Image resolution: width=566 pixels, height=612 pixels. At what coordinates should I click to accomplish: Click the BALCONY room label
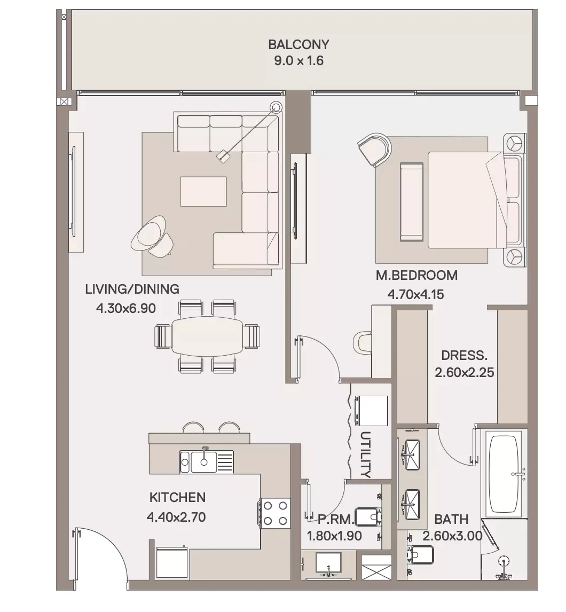[x=298, y=44]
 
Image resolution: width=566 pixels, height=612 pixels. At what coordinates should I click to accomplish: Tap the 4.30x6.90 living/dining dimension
[x=125, y=308]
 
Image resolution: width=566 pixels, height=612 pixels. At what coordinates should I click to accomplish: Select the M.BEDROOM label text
[x=416, y=275]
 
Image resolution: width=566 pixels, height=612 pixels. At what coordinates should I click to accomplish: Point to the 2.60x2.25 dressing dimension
[x=464, y=372]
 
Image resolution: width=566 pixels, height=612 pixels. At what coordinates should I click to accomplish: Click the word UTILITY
[x=365, y=454]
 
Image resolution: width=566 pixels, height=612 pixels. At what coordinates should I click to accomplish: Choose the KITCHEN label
[x=177, y=497]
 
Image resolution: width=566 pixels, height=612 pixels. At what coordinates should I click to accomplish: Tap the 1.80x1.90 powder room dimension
[x=334, y=536]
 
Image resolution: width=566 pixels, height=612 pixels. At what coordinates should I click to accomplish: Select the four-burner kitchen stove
[x=275, y=513]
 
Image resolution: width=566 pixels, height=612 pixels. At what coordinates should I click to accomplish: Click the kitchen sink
[x=206, y=462]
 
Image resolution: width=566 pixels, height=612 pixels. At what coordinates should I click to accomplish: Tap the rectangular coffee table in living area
[x=203, y=191]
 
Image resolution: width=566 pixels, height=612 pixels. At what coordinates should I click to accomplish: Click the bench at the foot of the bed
[x=412, y=202]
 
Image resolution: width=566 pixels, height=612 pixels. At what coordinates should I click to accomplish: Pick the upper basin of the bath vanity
[x=411, y=454]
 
